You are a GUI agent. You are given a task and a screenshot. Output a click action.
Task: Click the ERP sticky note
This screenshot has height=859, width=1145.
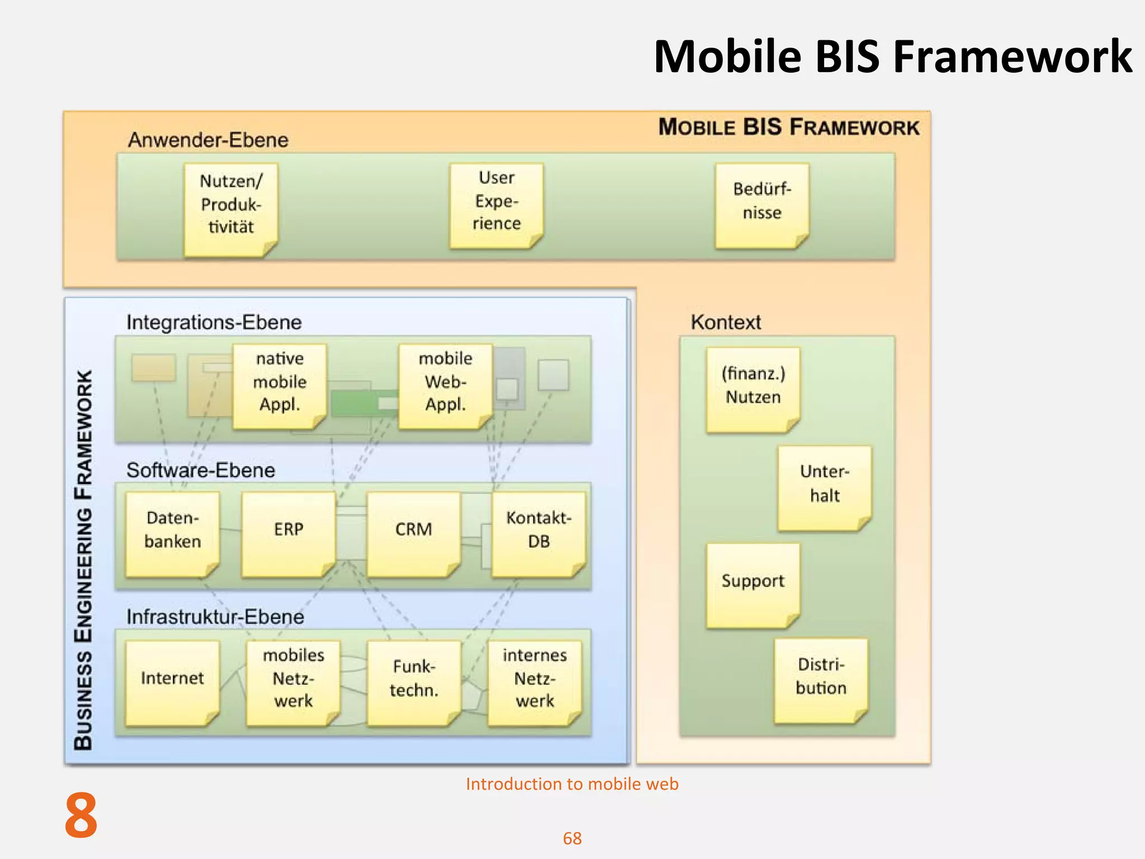coord(288,534)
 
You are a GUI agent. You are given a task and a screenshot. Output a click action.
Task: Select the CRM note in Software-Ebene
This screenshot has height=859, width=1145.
coord(414,534)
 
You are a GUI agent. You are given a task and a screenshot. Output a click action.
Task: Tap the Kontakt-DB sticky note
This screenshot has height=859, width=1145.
coord(538,534)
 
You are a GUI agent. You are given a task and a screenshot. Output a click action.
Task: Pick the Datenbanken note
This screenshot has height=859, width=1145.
coord(172,534)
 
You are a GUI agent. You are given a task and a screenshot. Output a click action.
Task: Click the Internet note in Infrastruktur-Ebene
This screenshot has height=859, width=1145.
coord(172,682)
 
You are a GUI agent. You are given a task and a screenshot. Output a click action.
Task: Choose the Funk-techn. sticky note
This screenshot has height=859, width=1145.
coord(414,682)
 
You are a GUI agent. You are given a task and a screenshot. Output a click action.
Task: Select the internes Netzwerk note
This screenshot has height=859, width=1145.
coord(534,682)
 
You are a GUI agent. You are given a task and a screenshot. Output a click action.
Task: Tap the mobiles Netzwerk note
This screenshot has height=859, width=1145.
coord(293,682)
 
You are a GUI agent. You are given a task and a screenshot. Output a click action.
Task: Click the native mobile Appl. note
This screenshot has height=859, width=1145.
coord(280,386)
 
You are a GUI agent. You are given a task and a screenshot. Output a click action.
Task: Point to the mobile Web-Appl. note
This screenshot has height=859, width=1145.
coord(445,386)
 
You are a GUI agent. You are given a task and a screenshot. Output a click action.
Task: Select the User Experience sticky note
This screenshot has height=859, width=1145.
coord(496,205)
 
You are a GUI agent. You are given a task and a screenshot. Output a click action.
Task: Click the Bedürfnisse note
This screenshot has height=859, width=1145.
coord(761,205)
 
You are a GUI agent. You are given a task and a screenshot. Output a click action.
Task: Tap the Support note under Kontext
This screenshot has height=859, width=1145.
coord(753,585)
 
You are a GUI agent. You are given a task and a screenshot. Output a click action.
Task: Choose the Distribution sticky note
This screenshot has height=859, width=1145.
coord(821,680)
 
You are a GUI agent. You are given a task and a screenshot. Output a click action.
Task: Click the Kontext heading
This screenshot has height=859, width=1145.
coord(726,322)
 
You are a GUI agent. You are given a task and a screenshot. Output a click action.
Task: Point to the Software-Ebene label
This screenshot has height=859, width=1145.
coord(201,470)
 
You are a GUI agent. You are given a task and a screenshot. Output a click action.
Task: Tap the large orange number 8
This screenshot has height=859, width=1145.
coord(81,815)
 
